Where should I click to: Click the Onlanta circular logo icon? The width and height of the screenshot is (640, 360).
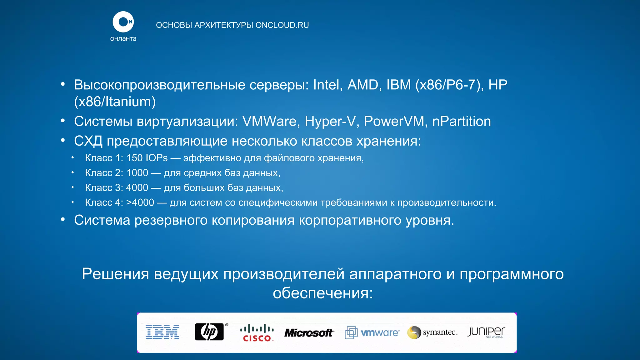[x=123, y=22]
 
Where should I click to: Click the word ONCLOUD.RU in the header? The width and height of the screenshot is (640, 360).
[x=282, y=25]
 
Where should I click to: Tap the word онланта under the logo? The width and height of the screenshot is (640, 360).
[x=123, y=39]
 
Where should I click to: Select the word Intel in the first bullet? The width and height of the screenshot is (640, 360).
[x=326, y=85]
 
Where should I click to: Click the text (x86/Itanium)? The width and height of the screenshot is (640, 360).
[x=115, y=102]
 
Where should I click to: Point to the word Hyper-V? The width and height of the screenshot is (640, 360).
[x=330, y=122]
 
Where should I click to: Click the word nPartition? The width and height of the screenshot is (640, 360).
[x=461, y=122]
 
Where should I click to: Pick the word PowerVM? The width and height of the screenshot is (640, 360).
[x=394, y=122]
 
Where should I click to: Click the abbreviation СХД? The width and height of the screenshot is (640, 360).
[x=88, y=141]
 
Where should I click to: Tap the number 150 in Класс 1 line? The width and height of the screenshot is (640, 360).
[x=134, y=158]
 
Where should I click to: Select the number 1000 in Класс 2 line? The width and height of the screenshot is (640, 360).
[x=137, y=173]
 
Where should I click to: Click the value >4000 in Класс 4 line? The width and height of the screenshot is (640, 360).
[x=140, y=203]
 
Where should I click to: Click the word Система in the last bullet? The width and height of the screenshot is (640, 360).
[x=102, y=220]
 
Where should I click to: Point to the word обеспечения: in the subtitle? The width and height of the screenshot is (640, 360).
[x=323, y=293]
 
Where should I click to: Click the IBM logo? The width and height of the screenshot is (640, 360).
[x=162, y=332]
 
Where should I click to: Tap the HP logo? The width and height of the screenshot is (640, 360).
[x=209, y=332]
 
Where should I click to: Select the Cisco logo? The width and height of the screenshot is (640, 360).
[x=257, y=333]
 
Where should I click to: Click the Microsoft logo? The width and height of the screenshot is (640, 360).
[x=309, y=333]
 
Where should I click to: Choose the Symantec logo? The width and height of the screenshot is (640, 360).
[x=432, y=332]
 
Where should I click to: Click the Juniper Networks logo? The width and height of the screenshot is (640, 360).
[x=486, y=332]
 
